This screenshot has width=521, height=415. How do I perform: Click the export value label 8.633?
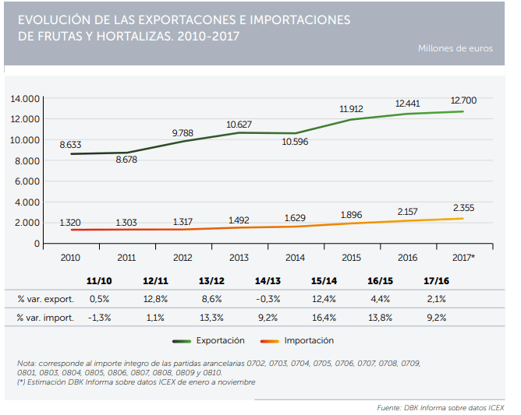pos(71,145)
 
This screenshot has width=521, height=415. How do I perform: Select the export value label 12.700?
pos(463,100)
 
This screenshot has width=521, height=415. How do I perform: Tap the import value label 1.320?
pos(71,223)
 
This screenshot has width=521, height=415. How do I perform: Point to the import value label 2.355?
pos(463,208)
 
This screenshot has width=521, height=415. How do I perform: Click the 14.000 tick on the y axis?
pos(25,99)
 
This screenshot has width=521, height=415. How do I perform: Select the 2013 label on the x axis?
pos(239,257)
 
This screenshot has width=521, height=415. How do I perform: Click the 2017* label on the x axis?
pos(463,257)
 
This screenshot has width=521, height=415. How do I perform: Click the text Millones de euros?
pos(455,48)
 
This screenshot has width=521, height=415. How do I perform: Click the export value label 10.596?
pos(296,142)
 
